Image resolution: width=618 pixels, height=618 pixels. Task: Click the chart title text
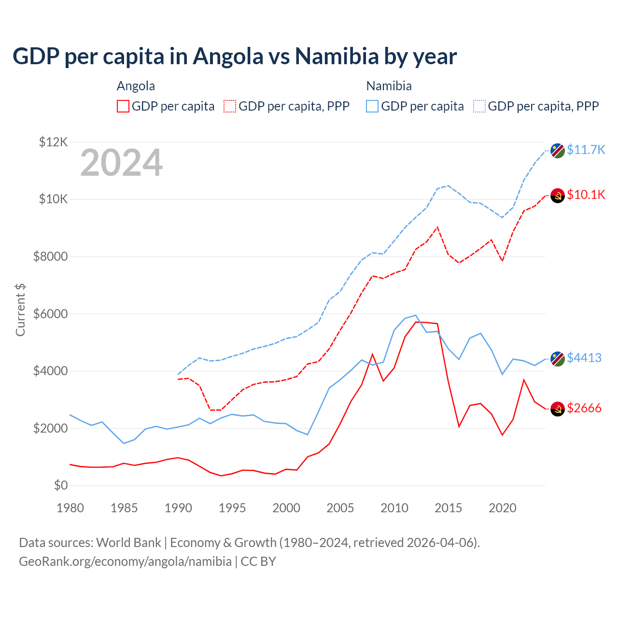click(x=235, y=56)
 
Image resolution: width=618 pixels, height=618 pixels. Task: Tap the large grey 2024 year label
click(x=121, y=163)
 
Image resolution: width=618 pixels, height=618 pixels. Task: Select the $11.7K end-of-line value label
click(x=586, y=150)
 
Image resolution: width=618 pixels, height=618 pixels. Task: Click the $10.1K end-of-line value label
click(x=586, y=195)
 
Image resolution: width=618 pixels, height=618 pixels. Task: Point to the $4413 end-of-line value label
click(x=584, y=358)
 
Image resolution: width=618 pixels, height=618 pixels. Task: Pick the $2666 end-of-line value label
click(x=584, y=408)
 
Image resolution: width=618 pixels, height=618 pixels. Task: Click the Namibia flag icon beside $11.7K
click(x=558, y=151)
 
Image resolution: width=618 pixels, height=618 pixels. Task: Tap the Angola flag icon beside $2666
click(x=558, y=409)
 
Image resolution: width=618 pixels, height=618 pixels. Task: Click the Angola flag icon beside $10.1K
click(x=558, y=196)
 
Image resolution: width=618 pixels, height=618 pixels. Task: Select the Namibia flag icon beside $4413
click(x=558, y=359)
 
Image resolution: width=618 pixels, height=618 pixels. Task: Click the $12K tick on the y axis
click(x=54, y=142)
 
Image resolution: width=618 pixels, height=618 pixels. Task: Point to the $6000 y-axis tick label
click(x=51, y=314)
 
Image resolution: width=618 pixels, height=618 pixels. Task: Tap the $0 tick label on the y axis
click(x=61, y=485)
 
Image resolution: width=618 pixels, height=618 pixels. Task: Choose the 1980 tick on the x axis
click(x=70, y=508)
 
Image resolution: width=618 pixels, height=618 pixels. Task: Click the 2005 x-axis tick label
click(x=340, y=508)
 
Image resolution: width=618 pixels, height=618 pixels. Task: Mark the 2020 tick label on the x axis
click(x=503, y=508)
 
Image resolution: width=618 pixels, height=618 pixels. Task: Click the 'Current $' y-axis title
click(x=20, y=310)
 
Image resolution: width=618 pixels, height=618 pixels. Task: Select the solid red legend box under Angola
click(x=123, y=106)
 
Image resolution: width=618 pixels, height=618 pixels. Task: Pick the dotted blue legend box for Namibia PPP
click(x=479, y=106)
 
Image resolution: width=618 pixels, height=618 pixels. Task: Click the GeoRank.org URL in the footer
click(x=125, y=562)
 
